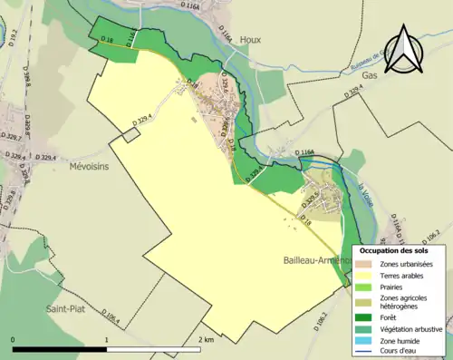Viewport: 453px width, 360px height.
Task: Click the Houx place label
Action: coord(250,40)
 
